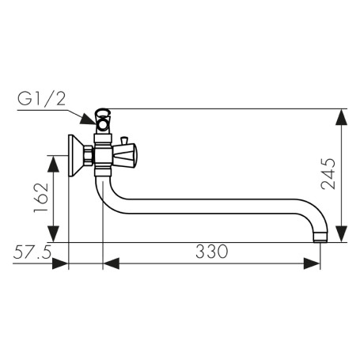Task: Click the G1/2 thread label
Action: (41, 100)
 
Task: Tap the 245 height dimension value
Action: (328, 173)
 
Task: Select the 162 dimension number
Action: (41, 198)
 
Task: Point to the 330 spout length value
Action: (211, 252)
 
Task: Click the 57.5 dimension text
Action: (32, 252)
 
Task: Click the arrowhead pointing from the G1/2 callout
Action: (89, 119)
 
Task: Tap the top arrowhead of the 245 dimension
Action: (342, 117)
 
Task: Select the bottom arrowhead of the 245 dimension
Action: (342, 233)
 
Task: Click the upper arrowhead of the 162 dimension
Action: (54, 164)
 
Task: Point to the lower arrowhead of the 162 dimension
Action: (54, 233)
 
